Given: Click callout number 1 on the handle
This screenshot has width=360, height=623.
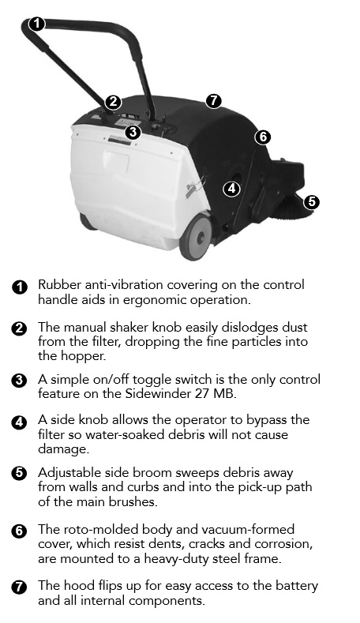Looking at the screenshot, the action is pos(37,24).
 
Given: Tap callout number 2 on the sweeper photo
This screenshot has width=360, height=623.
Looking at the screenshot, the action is pos(113,102).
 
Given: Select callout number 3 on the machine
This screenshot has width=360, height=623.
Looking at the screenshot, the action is pos(133,132).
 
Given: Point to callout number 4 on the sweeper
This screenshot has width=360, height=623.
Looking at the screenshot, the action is pos(231,189).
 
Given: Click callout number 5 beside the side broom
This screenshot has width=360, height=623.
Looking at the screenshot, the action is pos(312,202).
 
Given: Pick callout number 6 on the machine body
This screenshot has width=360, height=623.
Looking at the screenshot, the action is pos(263,137).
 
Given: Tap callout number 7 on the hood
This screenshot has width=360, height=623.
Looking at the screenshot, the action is pos(214,100).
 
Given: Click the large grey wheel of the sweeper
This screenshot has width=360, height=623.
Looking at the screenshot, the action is pos(197,237).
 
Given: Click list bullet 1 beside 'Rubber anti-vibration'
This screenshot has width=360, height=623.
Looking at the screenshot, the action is pos(20,287).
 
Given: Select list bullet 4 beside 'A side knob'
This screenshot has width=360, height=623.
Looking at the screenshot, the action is pos(20,422).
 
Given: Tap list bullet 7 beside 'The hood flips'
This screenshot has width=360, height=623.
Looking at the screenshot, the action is pos(20,587).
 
